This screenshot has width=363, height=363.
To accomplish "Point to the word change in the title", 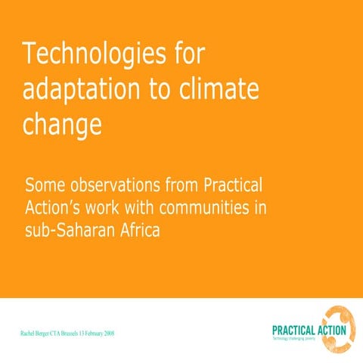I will point(62,122).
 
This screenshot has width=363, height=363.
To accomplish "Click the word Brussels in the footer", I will point(75,333).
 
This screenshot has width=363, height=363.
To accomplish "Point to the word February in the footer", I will point(93,333).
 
